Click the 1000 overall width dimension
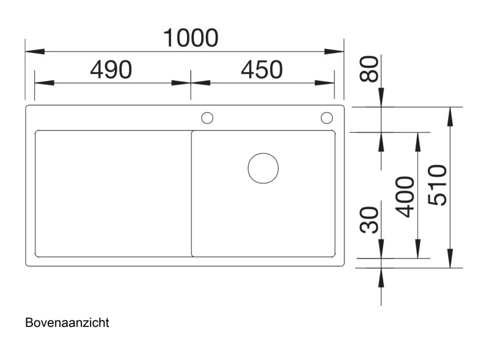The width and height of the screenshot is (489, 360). pos(191,38)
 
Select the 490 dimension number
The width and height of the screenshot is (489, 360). pos(111,70)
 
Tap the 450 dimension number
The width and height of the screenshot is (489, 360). pos(262,70)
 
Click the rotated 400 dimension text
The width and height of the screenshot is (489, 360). pos(405,197)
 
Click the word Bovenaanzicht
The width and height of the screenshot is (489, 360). pos(67,323)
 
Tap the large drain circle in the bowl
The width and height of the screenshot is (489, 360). pos(263,167)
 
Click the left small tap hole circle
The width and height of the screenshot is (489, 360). pos(207,117)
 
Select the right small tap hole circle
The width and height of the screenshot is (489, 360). pos(326,117)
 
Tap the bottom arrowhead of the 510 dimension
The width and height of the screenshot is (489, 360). pos(450,259)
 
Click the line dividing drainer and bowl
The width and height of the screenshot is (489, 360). pos(191,193)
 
